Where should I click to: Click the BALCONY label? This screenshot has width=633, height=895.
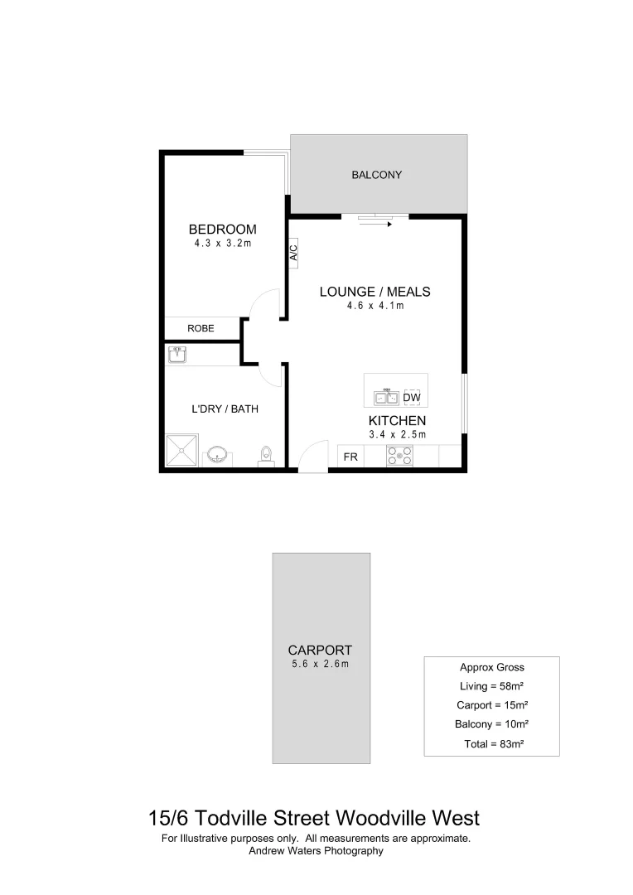pos(376,175)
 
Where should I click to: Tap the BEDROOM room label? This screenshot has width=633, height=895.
pos(222,230)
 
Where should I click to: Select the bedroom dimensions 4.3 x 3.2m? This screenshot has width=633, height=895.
pos(222,244)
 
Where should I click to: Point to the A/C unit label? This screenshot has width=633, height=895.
pos(293,252)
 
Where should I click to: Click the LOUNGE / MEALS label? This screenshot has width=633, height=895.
pos(374,292)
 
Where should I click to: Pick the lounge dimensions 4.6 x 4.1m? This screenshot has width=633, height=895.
pos(374,306)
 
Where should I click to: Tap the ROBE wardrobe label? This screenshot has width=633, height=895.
pos(201,329)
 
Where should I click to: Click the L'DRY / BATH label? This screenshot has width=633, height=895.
pos(220,409)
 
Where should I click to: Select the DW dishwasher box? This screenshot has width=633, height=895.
pos(412,398)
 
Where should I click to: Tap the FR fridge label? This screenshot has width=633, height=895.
pos(350,457)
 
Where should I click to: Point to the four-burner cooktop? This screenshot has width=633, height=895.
pos(399,456)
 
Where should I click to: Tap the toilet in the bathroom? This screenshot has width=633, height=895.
pos(266,456)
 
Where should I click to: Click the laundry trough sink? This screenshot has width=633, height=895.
pos(177,355)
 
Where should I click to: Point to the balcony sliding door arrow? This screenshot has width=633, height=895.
pos(375,223)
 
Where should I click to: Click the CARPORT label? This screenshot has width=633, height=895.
pos(320,651)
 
